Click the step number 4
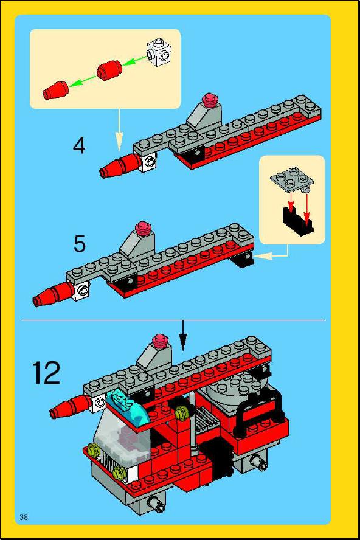point(79,146)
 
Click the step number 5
point(80,244)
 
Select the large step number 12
point(46,372)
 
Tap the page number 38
point(24,517)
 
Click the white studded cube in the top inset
point(159,52)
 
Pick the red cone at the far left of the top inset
point(55,90)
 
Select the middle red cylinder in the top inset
point(109,71)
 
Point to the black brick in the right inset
point(297,219)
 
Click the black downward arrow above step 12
point(183,336)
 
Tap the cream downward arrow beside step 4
point(119,130)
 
